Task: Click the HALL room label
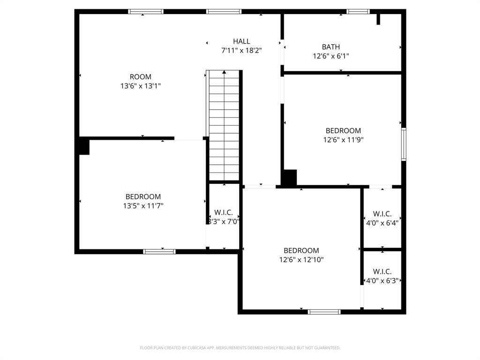241,41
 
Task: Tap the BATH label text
330,47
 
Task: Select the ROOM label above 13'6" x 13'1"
141,77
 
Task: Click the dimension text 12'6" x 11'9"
343,140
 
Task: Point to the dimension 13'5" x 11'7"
143,206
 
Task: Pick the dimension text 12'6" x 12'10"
301,260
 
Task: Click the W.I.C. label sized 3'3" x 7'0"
224,212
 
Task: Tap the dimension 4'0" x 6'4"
382,223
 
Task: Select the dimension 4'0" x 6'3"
382,280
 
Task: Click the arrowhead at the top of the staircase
224,72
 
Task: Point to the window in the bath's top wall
358,12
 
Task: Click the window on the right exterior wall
404,144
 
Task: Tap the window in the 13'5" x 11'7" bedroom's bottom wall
159,252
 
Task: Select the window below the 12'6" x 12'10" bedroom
324,312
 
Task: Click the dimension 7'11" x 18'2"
241,51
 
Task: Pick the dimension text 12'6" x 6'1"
330,56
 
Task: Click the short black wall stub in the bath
378,19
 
